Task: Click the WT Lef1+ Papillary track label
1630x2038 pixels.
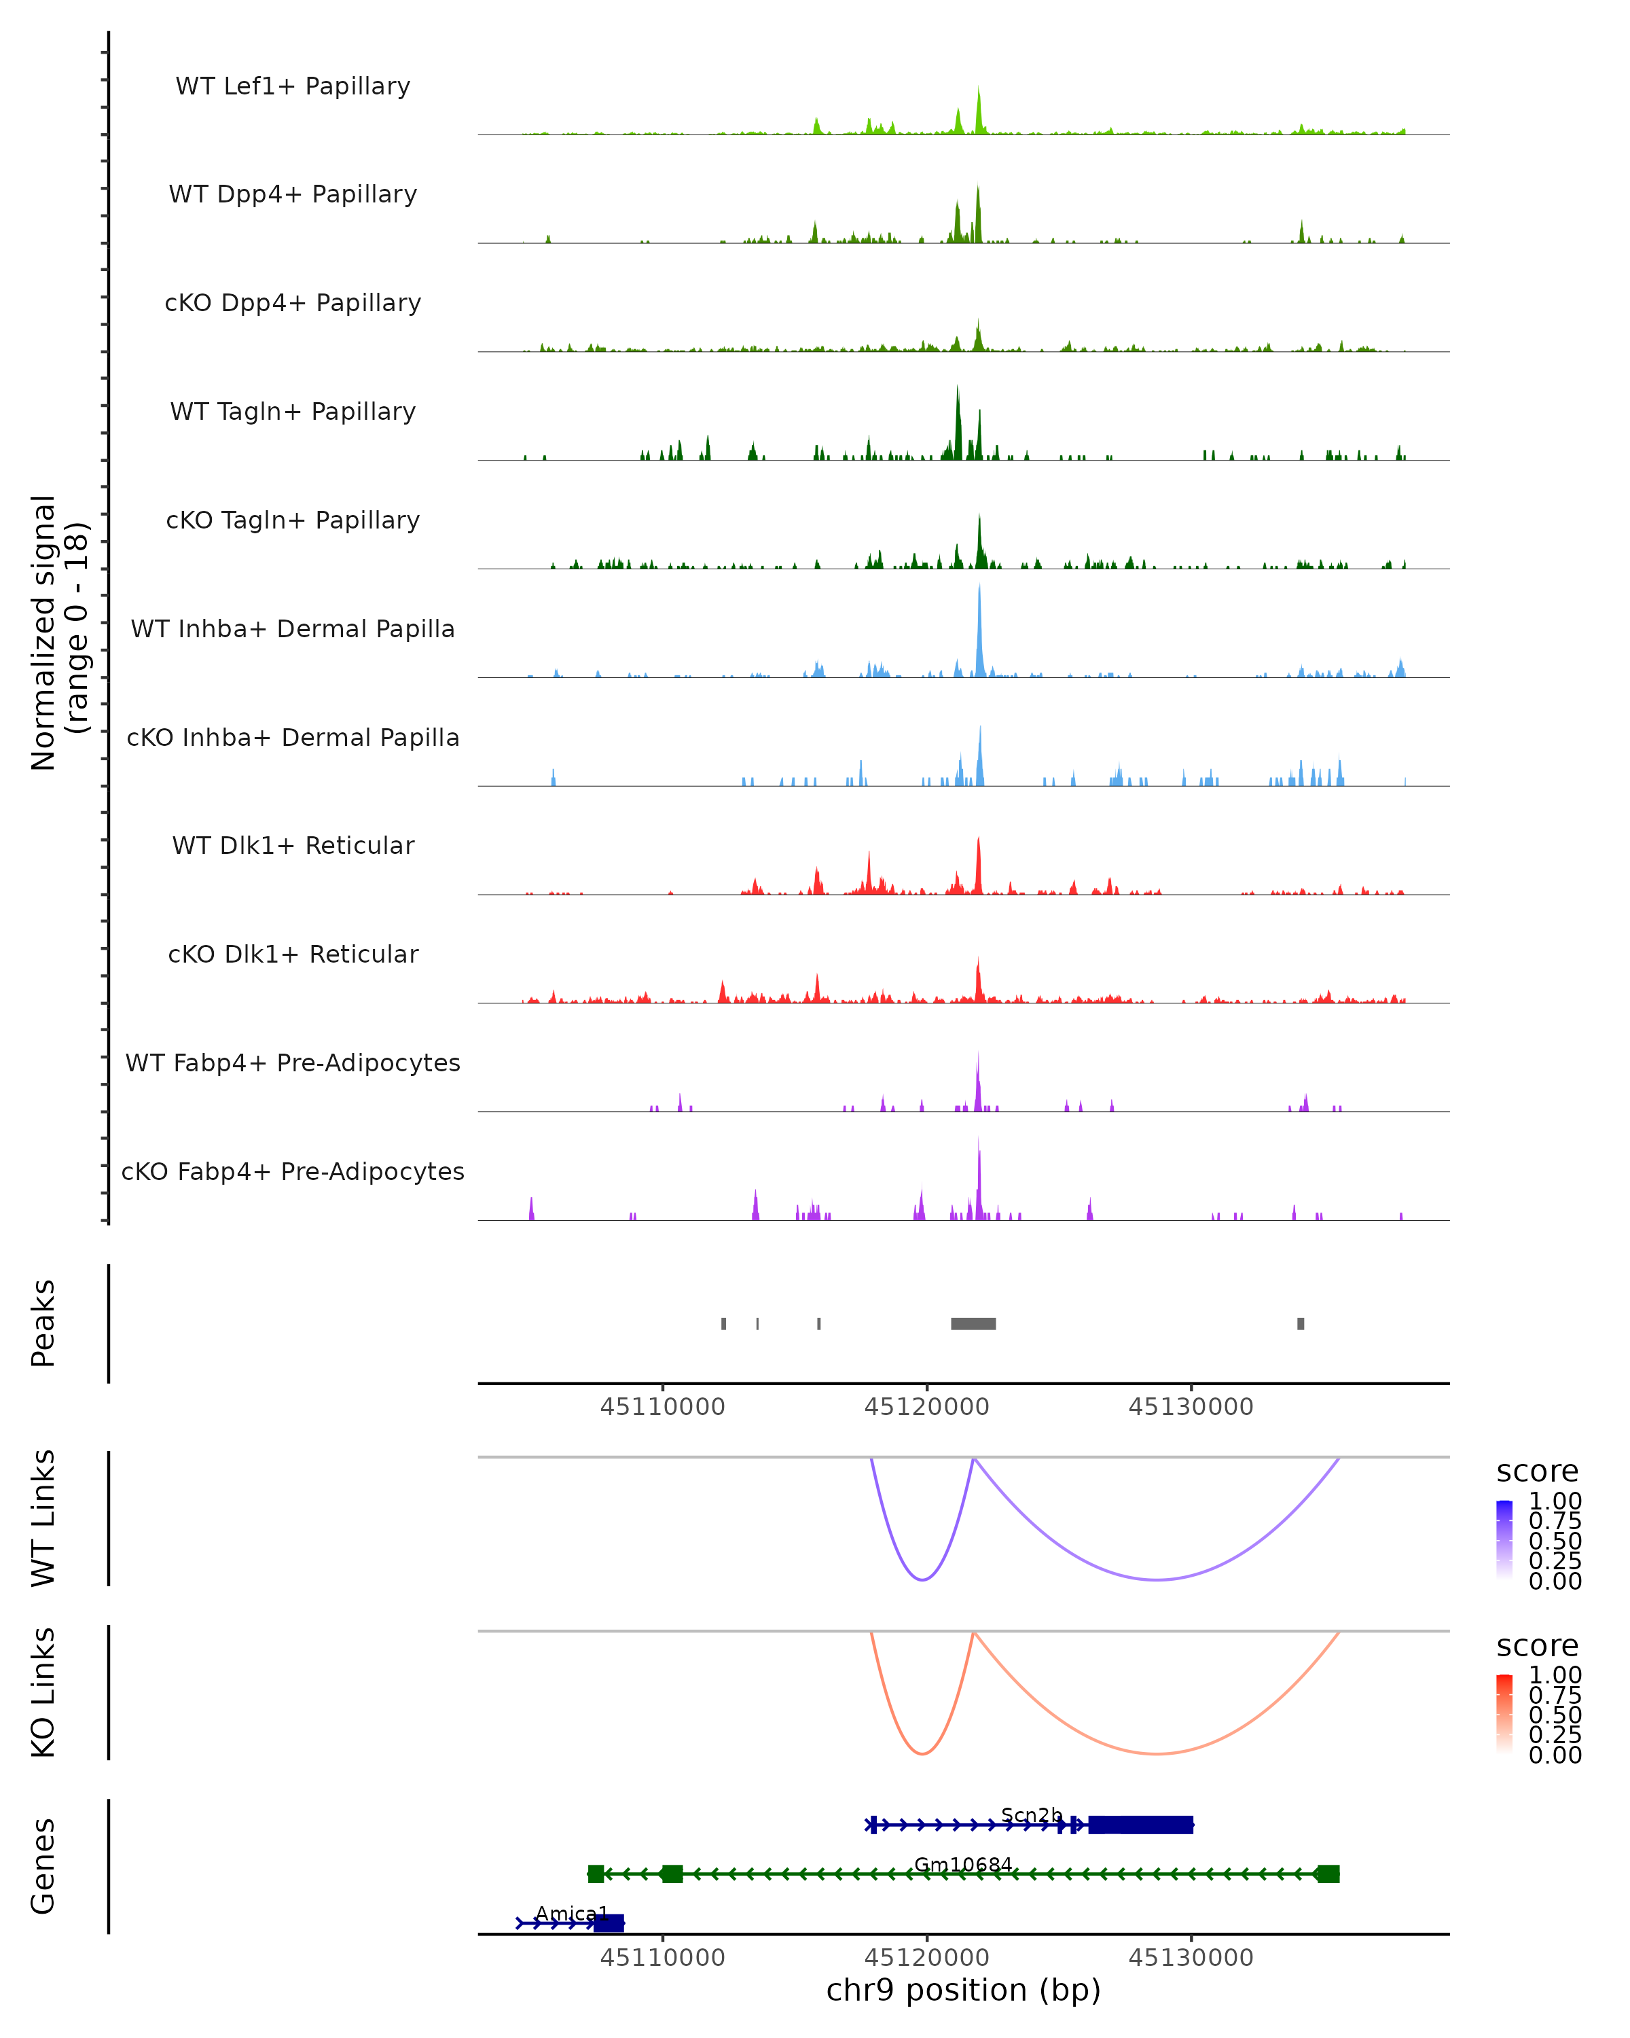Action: [293, 86]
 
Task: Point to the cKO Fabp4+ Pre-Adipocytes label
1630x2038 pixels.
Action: [293, 1171]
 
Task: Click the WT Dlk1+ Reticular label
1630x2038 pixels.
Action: [293, 845]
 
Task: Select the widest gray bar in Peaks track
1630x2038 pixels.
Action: [973, 1323]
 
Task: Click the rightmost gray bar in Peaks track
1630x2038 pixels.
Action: [1301, 1323]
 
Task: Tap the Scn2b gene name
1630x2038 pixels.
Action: [1032, 1815]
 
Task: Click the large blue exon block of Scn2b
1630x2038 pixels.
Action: [1140, 1825]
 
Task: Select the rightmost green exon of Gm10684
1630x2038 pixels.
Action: [1328, 1874]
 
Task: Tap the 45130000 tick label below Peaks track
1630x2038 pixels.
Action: [1191, 1407]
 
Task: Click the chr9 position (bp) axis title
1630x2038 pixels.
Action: [963, 1990]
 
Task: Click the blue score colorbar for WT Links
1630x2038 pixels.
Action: [1504, 1540]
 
